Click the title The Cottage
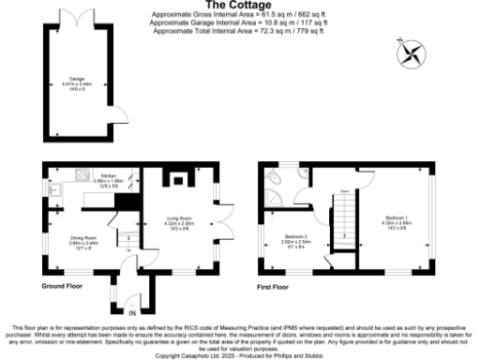point(238,6)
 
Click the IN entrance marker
point(132,311)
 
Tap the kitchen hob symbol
point(82,173)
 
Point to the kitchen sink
point(55,190)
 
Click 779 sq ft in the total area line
point(307,31)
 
